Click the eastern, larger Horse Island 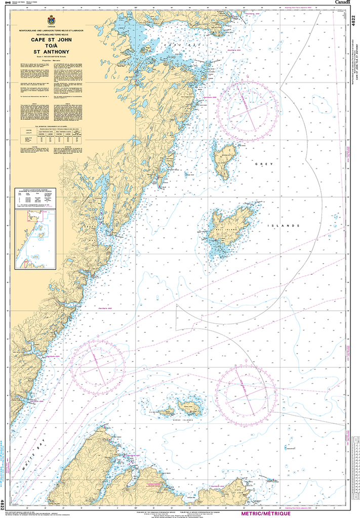point(190,406)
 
